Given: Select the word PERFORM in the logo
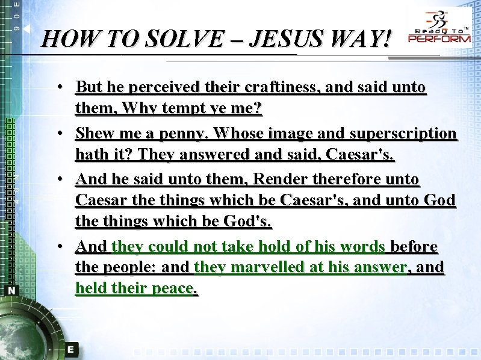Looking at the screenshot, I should click(x=440, y=39).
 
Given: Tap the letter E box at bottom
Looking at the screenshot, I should click(x=70, y=349).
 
